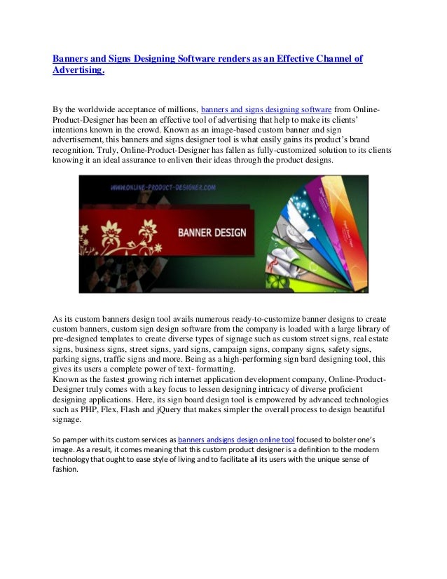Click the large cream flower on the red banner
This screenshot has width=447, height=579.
tap(111, 231)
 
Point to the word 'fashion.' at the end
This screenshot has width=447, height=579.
tap(67, 470)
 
